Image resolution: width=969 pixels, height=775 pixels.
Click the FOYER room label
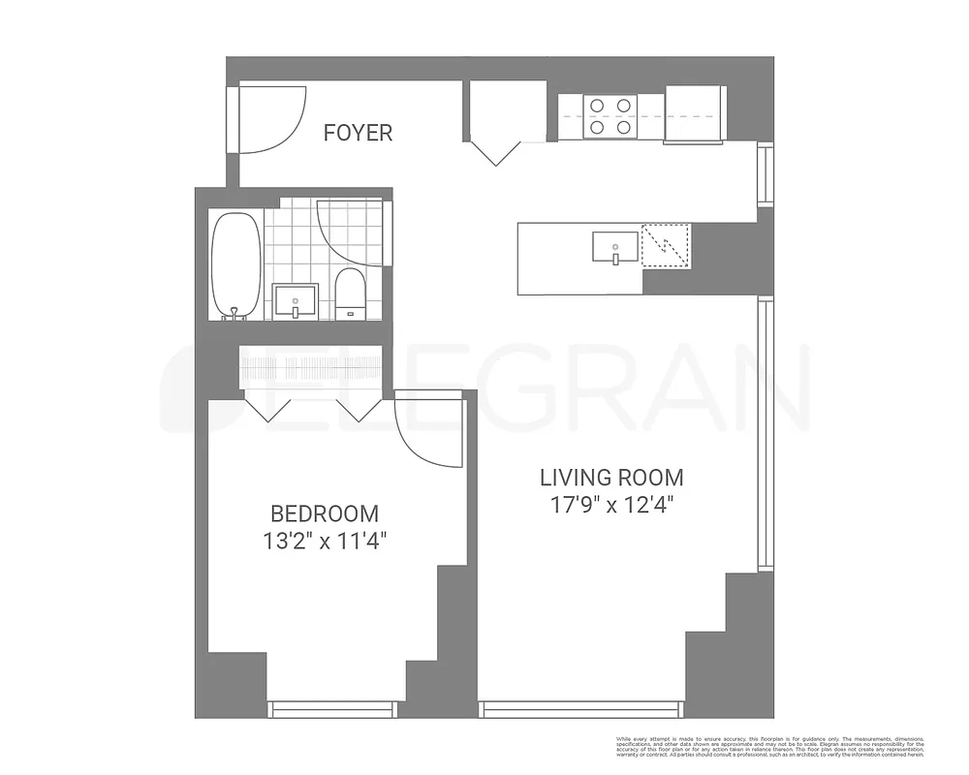pyautogui.click(x=358, y=133)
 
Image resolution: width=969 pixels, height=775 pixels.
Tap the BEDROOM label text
pyautogui.click(x=324, y=513)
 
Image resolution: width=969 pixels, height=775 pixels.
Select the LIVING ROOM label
pyautogui.click(x=611, y=477)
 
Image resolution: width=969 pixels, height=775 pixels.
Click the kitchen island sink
pyautogui.click(x=615, y=247)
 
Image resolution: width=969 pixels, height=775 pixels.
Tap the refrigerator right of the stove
pyautogui.click(x=695, y=113)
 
